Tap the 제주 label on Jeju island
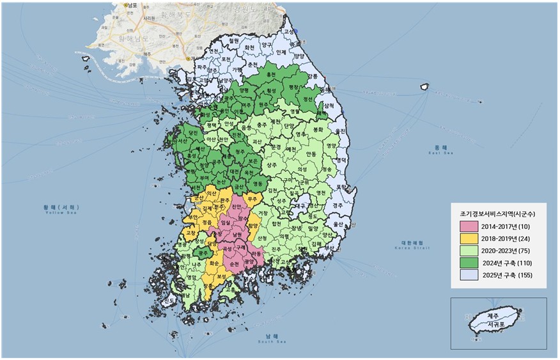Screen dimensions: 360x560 click(492, 317)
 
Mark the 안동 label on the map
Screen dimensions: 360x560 click(311, 154)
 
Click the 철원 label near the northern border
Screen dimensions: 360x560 click(233, 40)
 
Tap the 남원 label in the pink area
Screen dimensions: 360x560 click(237, 234)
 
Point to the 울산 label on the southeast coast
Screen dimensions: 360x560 click(337, 224)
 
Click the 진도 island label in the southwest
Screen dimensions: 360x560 click(169, 301)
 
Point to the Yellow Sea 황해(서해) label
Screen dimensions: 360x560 click(57, 208)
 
